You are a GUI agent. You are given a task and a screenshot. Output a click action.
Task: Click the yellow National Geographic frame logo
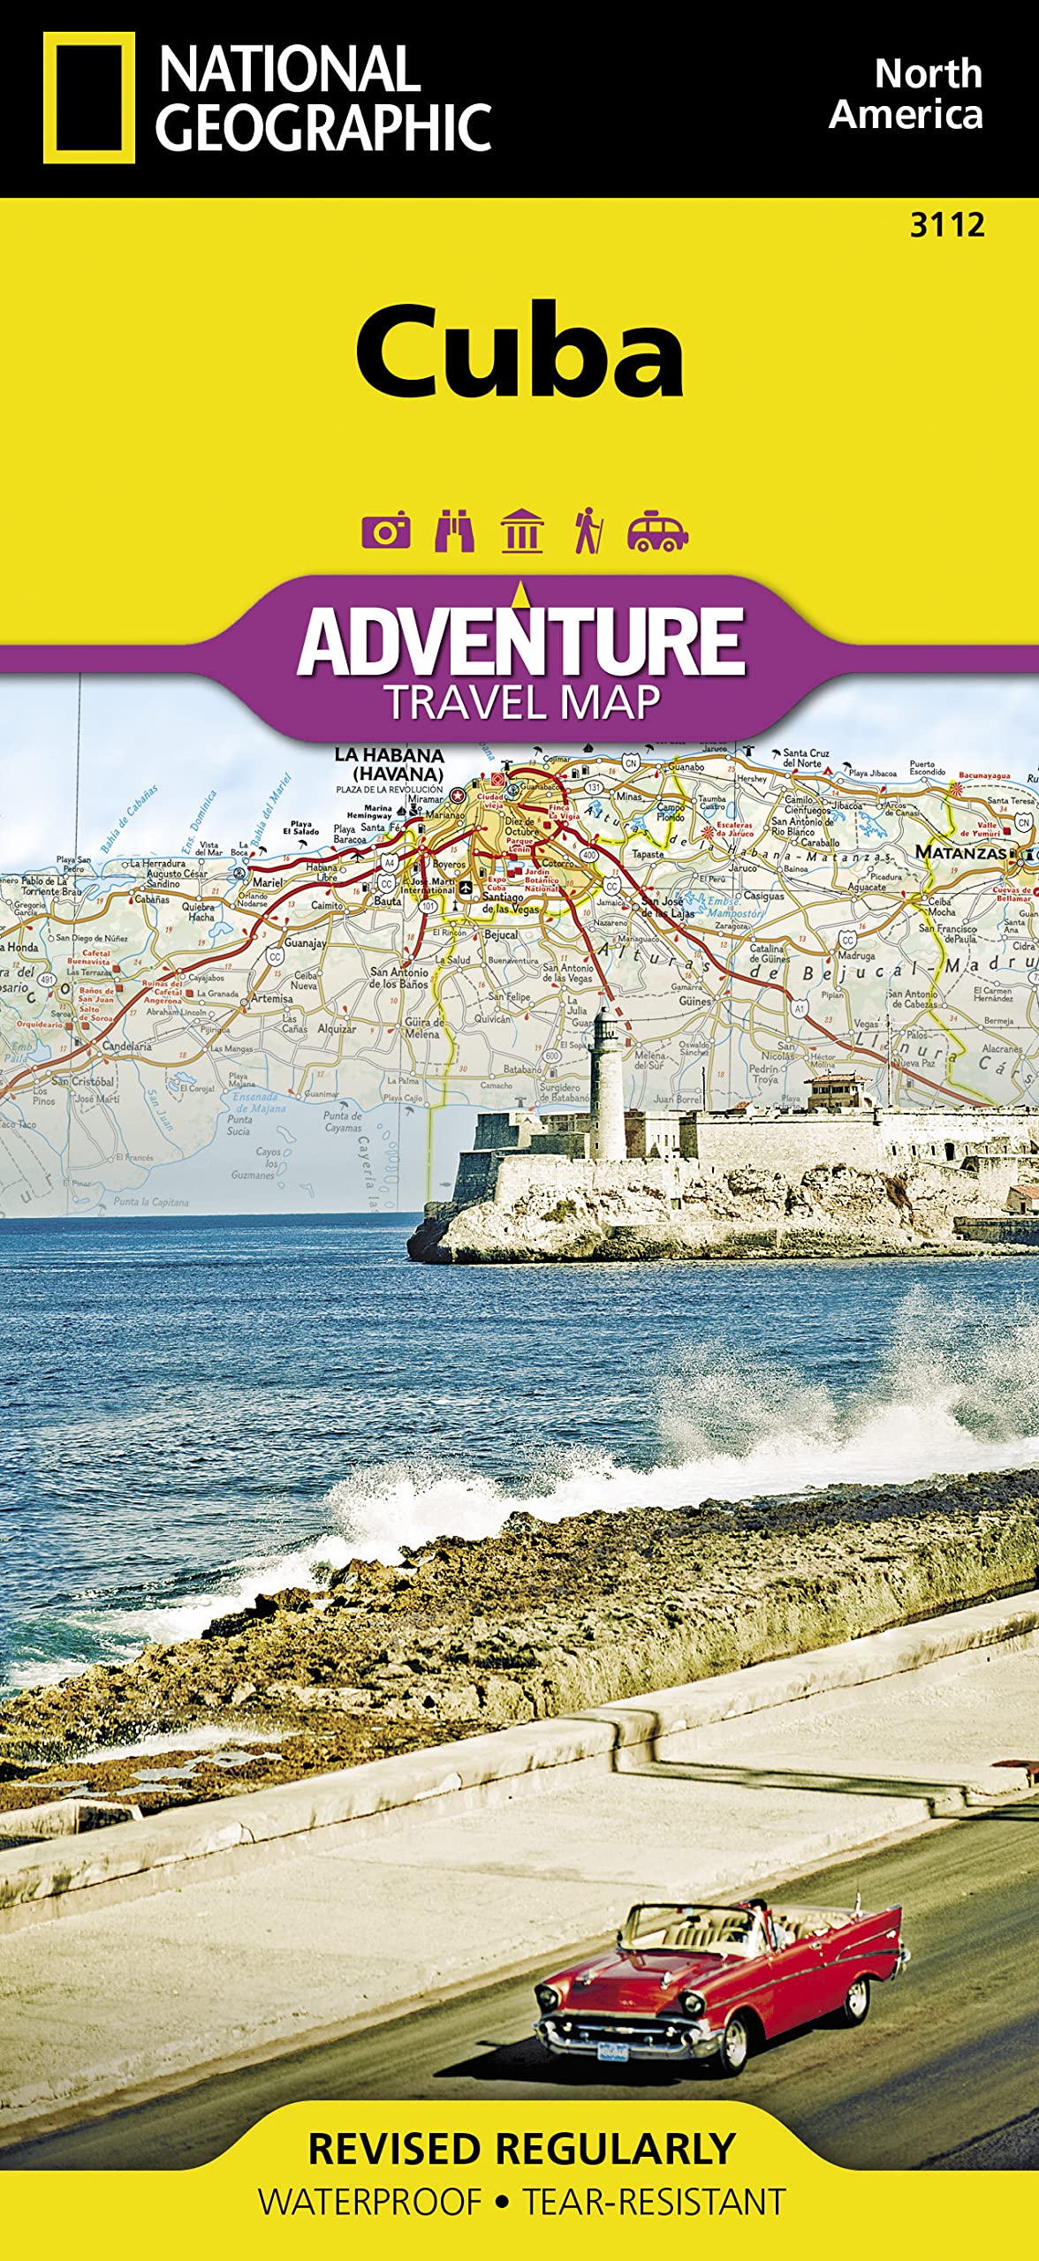click(x=89, y=98)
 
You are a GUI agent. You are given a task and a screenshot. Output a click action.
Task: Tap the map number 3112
click(x=947, y=225)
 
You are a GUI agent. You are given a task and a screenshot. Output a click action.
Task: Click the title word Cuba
click(x=519, y=352)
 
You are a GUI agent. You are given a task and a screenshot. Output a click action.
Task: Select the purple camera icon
click(x=386, y=532)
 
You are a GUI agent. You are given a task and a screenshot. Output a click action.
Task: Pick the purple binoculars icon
click(x=454, y=532)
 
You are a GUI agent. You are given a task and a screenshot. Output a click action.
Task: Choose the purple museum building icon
click(x=521, y=532)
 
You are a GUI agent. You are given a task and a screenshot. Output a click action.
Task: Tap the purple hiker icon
click(x=588, y=532)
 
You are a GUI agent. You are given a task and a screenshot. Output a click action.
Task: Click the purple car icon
click(x=656, y=532)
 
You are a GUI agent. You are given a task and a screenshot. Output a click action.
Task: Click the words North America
click(x=907, y=95)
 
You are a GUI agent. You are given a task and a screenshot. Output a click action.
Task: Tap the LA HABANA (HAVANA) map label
click(x=389, y=764)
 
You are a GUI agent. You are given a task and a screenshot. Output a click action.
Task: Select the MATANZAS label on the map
click(x=960, y=852)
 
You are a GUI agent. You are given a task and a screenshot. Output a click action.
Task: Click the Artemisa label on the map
click(x=272, y=998)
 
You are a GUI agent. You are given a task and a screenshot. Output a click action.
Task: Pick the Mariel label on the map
click(x=268, y=882)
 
